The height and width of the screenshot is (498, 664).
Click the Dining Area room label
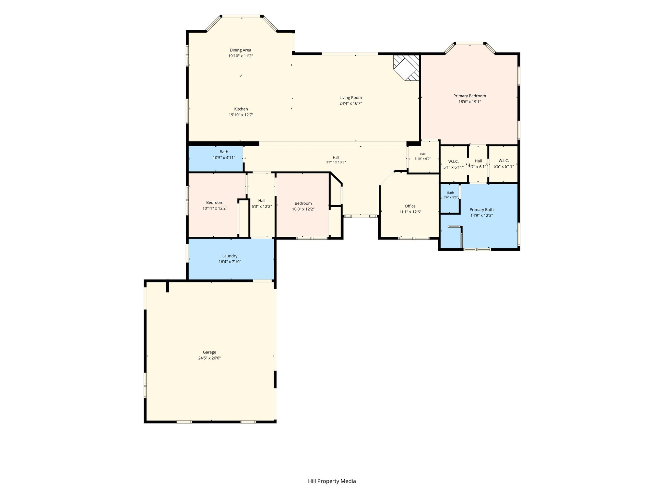[x=241, y=50]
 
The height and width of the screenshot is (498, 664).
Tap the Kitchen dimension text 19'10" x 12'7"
[x=241, y=115]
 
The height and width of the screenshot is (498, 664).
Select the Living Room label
[x=350, y=98]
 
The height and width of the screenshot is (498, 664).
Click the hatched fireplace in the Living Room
[x=406, y=68]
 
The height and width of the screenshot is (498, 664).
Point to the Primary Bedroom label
[x=469, y=96]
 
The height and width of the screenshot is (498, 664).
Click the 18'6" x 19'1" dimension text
[x=469, y=102]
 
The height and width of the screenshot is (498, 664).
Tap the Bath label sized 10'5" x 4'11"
[x=224, y=152]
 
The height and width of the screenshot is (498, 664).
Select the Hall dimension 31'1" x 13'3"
[x=336, y=162]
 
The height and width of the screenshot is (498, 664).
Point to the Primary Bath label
[x=481, y=210]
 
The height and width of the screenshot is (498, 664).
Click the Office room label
[x=410, y=206]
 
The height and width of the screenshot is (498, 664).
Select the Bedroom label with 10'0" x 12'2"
[x=303, y=204]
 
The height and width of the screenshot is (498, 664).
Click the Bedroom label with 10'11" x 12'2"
[x=215, y=203]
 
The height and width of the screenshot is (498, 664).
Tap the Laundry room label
[x=230, y=256]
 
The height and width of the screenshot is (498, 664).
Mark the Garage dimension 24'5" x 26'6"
[x=209, y=358]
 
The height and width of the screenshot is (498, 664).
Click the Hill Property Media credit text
[x=332, y=481]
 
